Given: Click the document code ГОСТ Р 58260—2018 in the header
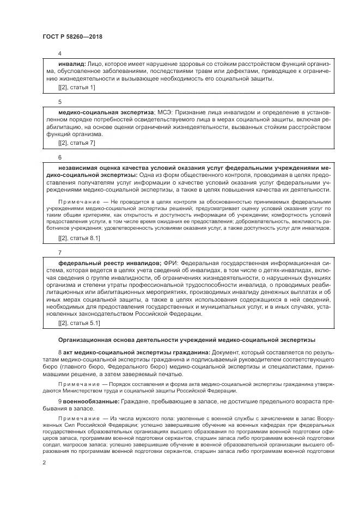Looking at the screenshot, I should coord(72,36).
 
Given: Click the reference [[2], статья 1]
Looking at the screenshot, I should coord(76,87).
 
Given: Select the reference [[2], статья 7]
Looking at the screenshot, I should coord(76,143).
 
